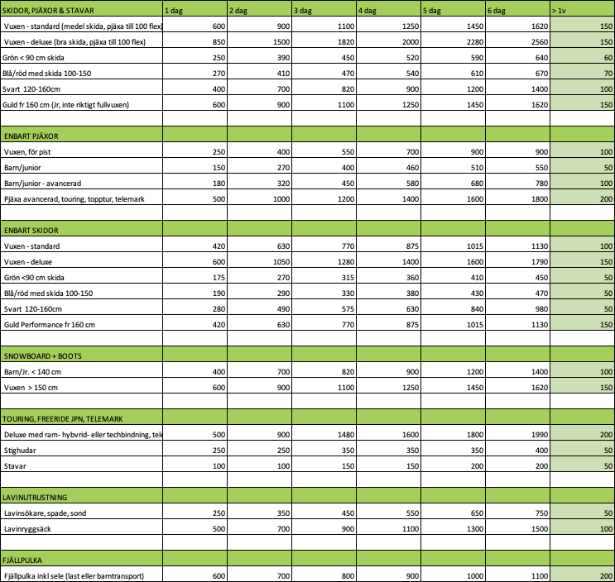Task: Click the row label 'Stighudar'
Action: pos(22,450)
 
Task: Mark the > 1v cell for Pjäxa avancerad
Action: pos(604,198)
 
